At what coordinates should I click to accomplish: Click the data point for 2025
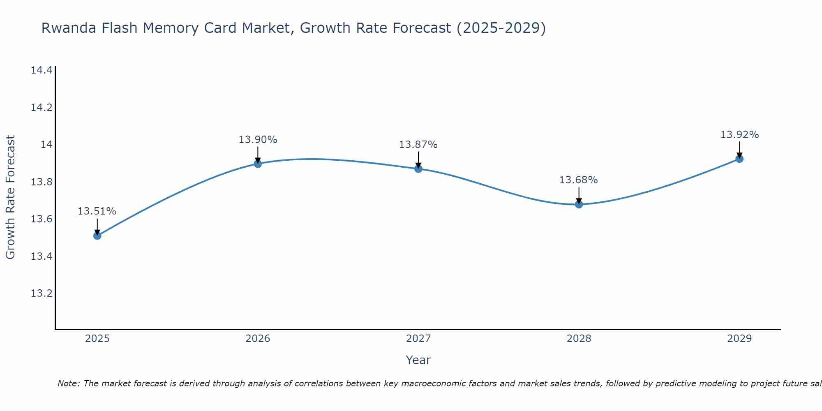[x=97, y=236]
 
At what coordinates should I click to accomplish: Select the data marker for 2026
[x=258, y=164]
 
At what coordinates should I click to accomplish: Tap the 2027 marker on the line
[x=418, y=169]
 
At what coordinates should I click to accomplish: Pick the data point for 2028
[x=579, y=204]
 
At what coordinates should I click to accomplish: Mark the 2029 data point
[x=739, y=159]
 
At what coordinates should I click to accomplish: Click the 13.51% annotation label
[x=97, y=211]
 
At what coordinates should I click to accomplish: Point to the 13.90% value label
[x=258, y=140]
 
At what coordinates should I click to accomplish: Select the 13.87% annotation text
[x=418, y=145]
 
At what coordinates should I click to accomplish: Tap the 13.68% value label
[x=578, y=180]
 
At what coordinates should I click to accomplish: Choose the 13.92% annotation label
[x=739, y=135]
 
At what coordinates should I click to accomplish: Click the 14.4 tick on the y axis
[x=42, y=70]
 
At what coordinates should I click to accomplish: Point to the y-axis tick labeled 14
[x=46, y=145]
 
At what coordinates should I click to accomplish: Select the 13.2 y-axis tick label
[x=42, y=293]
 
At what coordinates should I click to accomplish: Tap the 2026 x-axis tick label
[x=258, y=339]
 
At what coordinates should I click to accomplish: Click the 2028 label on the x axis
[x=579, y=339]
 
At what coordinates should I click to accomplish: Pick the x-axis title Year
[x=418, y=360]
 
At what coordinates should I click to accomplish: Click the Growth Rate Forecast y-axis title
[x=10, y=197]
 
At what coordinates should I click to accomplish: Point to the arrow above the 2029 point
[x=739, y=150]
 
